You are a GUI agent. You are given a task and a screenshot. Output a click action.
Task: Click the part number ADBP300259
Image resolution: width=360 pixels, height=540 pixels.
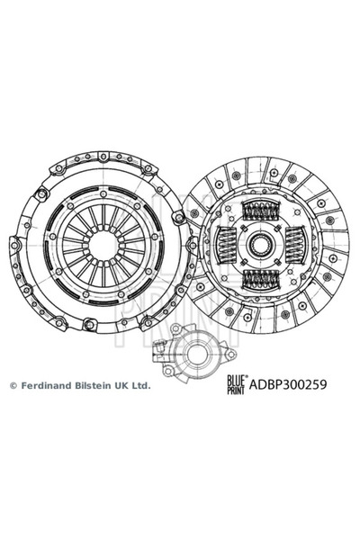(x=288, y=384)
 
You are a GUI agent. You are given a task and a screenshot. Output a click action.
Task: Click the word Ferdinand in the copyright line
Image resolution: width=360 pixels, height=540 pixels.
(x=41, y=385)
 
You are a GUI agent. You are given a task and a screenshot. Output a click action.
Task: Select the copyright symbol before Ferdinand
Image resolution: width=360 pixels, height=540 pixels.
(x=13, y=386)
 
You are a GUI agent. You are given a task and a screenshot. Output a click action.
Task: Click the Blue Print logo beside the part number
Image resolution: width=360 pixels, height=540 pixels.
(x=236, y=384)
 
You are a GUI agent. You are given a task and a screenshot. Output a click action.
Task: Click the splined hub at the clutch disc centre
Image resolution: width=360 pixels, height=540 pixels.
(x=261, y=245)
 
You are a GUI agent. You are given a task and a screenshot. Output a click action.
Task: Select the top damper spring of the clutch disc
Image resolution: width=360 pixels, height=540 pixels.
(x=261, y=210)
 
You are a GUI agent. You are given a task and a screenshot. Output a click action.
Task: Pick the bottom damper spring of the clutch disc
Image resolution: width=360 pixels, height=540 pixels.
(x=261, y=279)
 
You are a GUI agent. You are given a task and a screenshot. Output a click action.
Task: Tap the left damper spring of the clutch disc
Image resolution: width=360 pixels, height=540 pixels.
(x=226, y=245)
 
